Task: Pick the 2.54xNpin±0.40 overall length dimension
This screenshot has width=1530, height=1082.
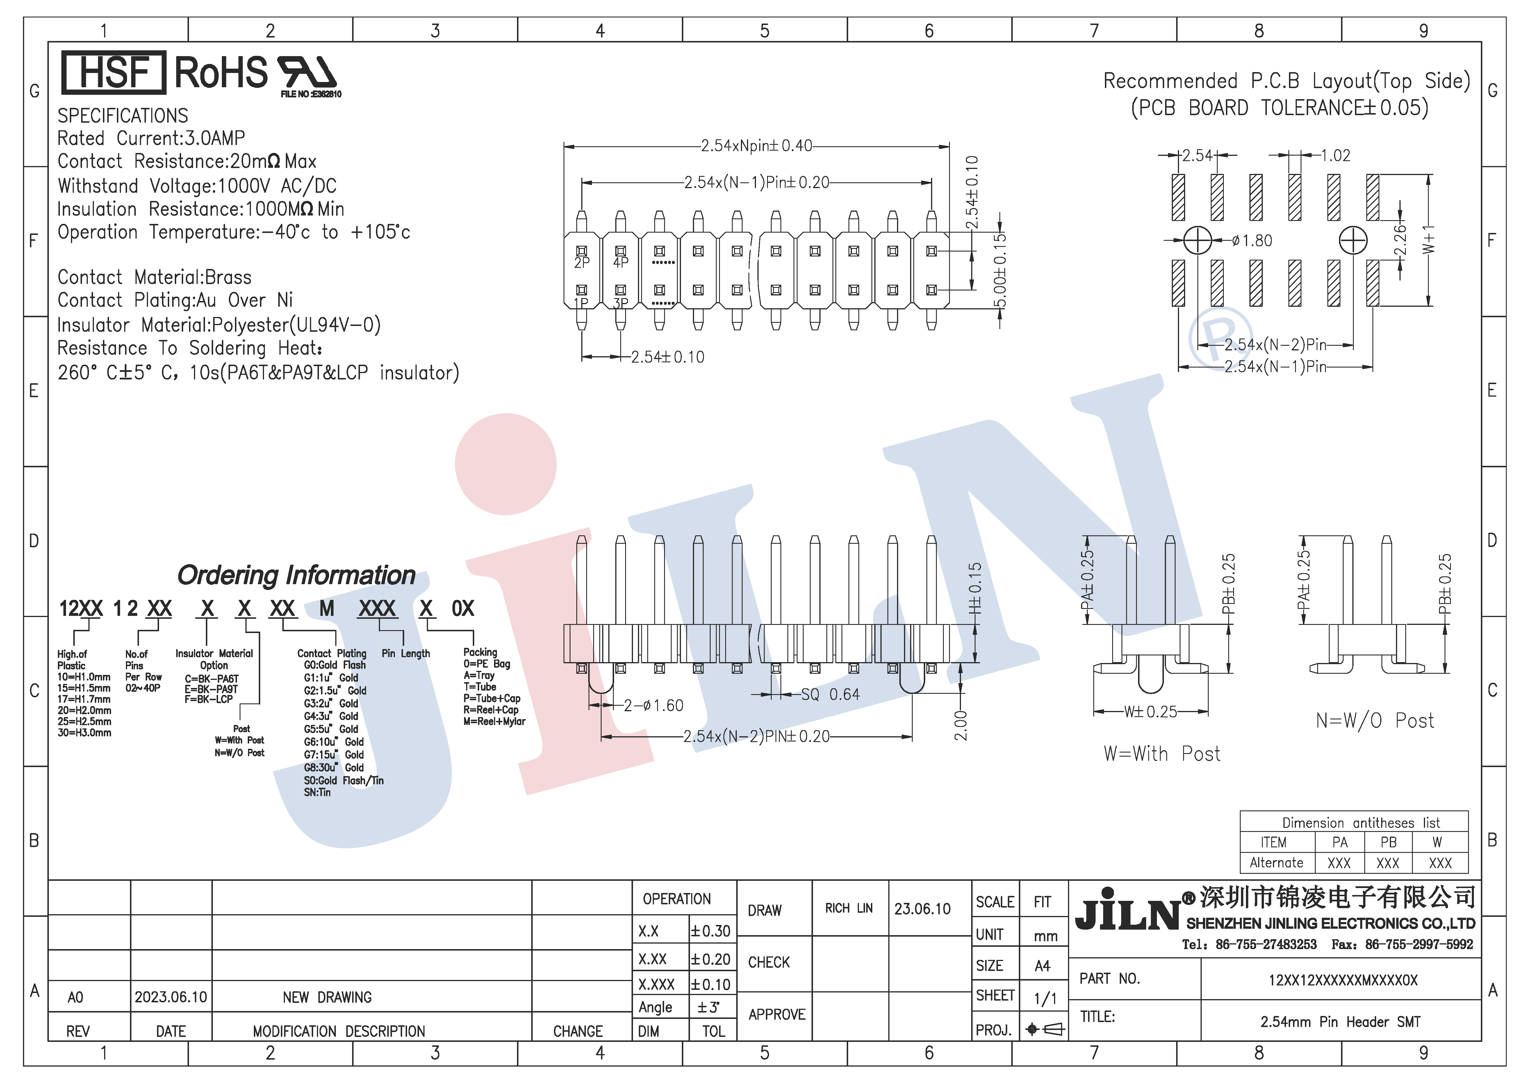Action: tap(756, 145)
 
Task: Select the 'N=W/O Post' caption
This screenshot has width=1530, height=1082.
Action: tap(1375, 720)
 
